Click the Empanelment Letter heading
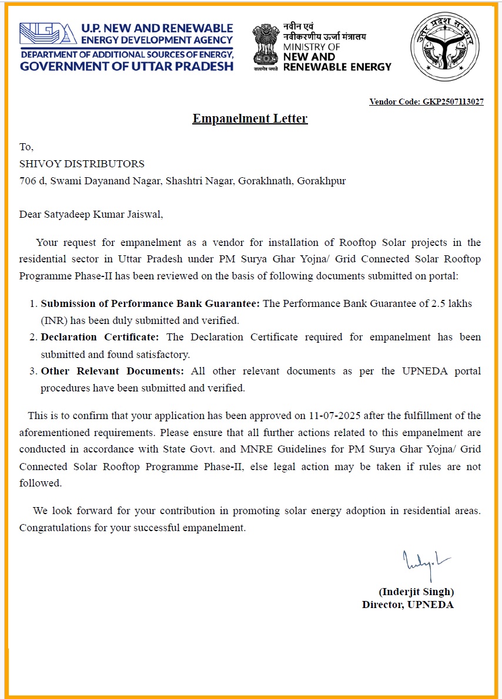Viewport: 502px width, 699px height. (250, 119)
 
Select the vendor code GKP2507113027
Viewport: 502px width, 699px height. (453, 102)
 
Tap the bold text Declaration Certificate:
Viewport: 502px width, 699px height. (100, 337)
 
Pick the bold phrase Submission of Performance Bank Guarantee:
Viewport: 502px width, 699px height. (150, 303)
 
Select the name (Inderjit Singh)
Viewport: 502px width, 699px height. (416, 592)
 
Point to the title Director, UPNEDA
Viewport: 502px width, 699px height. (408, 605)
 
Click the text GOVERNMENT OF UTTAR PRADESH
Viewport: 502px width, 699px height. (126, 66)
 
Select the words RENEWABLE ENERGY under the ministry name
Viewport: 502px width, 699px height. (337, 67)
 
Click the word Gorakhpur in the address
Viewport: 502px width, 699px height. (322, 181)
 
